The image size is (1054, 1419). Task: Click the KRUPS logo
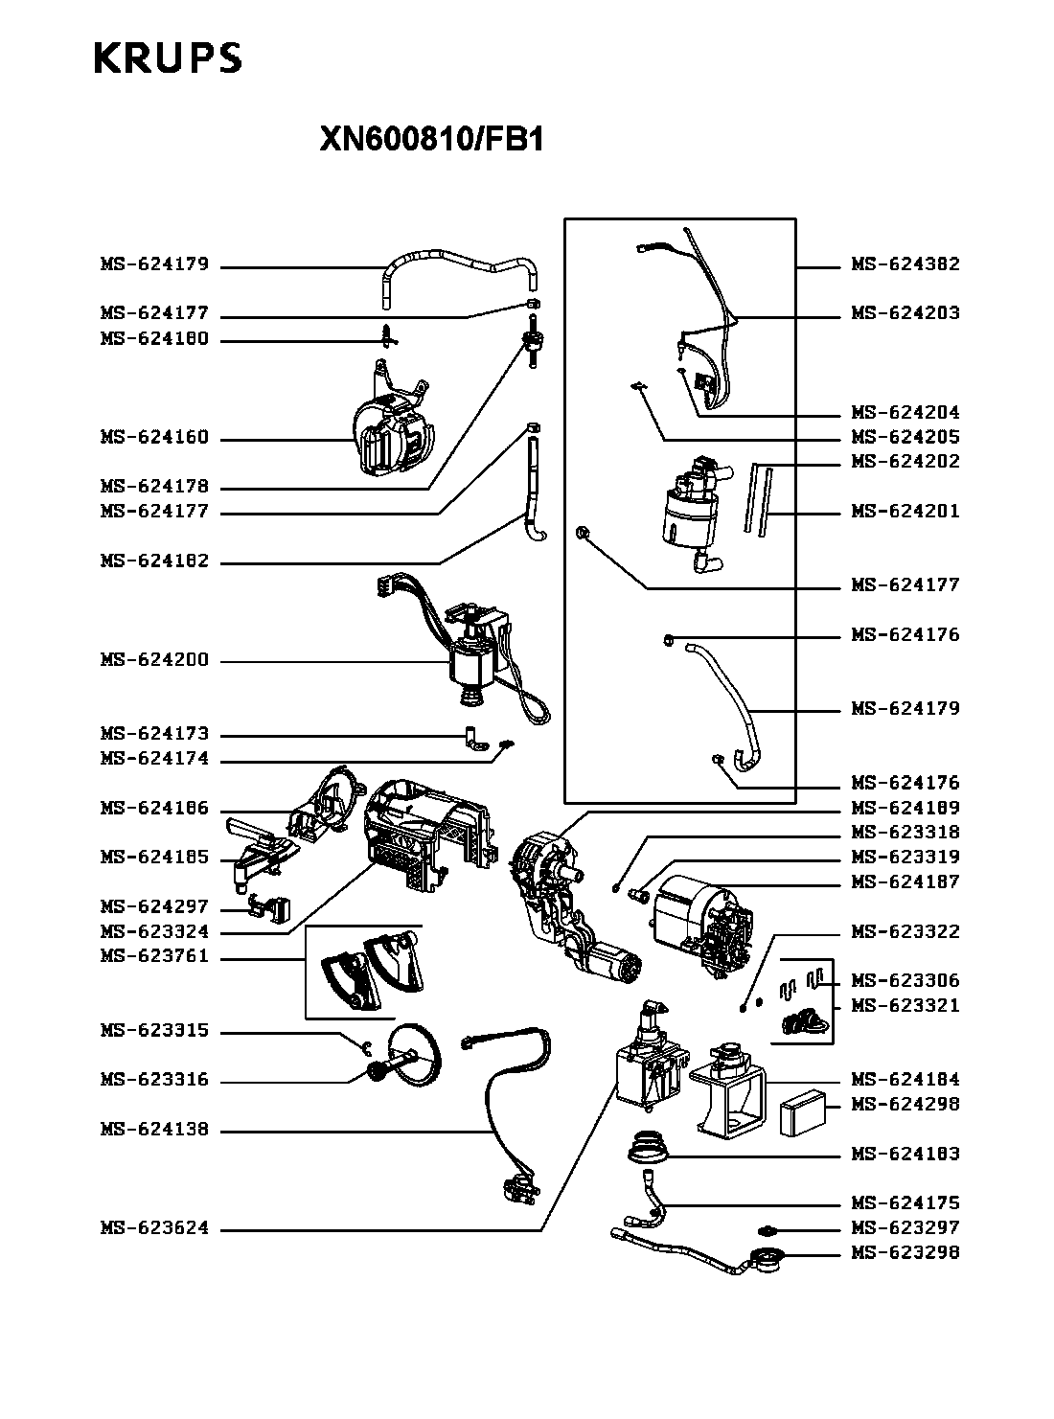pyautogui.click(x=169, y=57)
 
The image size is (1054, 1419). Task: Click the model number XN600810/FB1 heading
pyautogui.click(x=432, y=139)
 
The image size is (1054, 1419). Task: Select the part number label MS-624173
pyautogui.click(x=155, y=733)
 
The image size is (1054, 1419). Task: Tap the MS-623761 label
pyautogui.click(x=155, y=956)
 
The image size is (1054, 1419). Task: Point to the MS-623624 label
pyautogui.click(x=155, y=1227)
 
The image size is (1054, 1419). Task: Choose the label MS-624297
pyautogui.click(x=155, y=906)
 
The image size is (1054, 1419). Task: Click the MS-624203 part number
pyautogui.click(x=905, y=313)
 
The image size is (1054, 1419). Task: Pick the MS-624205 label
pyautogui.click(x=905, y=437)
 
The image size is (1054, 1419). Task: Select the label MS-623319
pyautogui.click(x=905, y=857)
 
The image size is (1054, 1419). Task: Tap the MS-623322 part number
pyautogui.click(x=905, y=931)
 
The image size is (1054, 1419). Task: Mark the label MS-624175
pyautogui.click(x=905, y=1202)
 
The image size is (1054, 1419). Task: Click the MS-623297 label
pyautogui.click(x=905, y=1227)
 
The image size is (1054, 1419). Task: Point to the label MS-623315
pyautogui.click(x=155, y=1030)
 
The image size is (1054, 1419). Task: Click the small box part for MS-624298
pyautogui.click(x=803, y=1112)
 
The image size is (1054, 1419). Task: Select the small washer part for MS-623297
pyautogui.click(x=766, y=1229)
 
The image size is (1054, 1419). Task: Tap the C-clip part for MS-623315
pyautogui.click(x=367, y=1046)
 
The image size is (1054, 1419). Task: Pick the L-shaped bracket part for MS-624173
pyautogui.click(x=474, y=738)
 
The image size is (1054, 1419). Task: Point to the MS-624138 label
pyautogui.click(x=155, y=1130)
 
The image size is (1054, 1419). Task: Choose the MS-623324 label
pyautogui.click(x=155, y=931)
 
